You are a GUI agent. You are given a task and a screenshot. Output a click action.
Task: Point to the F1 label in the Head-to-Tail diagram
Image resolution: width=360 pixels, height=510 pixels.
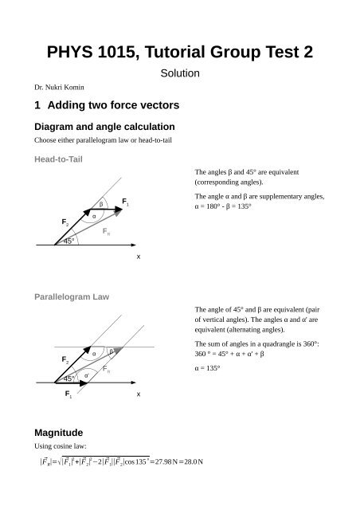[126, 202]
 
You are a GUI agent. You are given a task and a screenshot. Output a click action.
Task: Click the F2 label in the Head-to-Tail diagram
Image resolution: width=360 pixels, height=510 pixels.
[65, 221]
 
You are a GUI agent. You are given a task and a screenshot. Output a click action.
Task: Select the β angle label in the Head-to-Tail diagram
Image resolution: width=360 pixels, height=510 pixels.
[101, 204]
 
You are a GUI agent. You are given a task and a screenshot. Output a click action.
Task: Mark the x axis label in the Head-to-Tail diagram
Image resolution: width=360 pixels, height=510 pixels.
[138, 257]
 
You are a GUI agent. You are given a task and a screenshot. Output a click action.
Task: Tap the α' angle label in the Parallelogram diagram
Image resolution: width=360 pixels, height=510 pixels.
[87, 374]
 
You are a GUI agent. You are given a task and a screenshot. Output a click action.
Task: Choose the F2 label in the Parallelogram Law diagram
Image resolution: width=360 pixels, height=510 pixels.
[65, 359]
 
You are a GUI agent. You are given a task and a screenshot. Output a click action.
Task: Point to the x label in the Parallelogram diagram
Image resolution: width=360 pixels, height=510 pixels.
[138, 394]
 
